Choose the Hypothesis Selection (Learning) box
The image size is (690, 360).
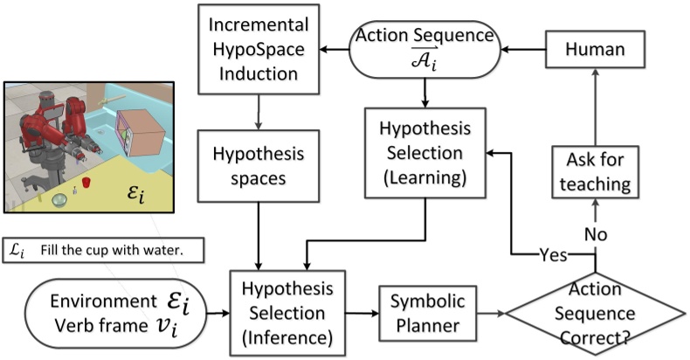(x=424, y=153)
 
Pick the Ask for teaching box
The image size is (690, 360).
(x=594, y=170)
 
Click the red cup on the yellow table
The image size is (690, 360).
(x=87, y=184)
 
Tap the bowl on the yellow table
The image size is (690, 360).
(x=59, y=201)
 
